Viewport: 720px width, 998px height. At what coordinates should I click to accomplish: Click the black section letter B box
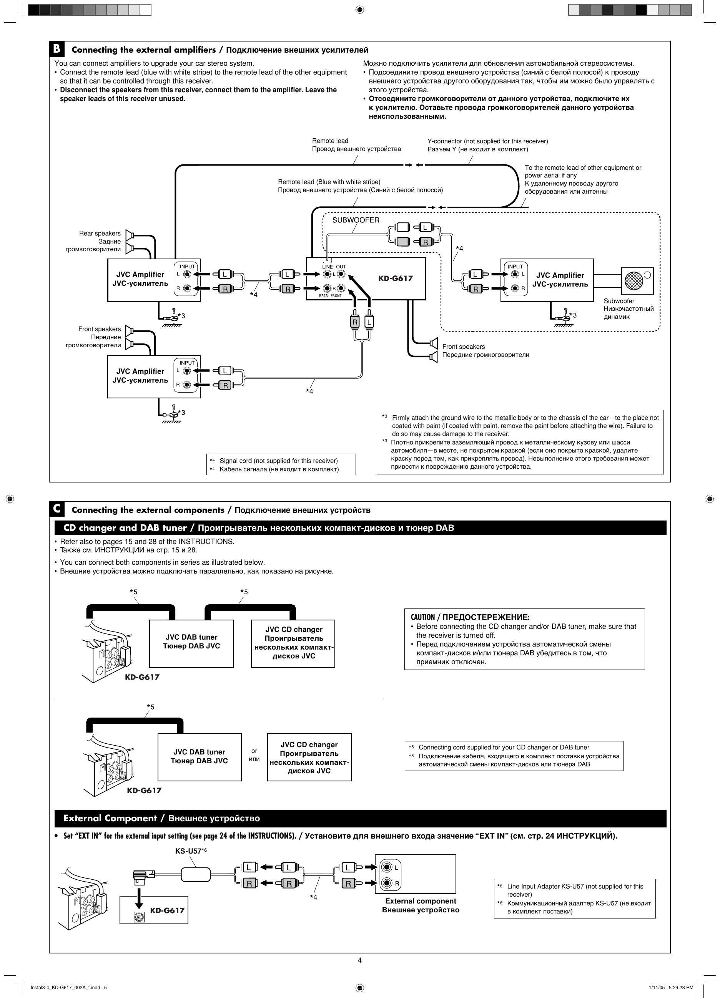tap(57, 49)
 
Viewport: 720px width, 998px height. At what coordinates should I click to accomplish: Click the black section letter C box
tap(57, 509)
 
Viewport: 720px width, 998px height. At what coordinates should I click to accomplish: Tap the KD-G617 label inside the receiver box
tap(396, 278)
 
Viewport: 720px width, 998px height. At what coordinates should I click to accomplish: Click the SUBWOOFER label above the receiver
tap(355, 220)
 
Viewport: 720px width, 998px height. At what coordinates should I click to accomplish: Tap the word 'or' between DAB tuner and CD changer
tap(254, 751)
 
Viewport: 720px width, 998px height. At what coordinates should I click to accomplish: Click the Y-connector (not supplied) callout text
tap(487, 141)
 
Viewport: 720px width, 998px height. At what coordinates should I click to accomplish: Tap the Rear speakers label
tap(100, 233)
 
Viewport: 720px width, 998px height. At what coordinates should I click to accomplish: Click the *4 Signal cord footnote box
tap(281, 465)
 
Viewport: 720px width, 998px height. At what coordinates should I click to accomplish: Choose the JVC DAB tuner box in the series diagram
tap(191, 643)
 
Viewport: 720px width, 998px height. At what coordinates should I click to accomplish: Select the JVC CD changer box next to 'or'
tap(309, 757)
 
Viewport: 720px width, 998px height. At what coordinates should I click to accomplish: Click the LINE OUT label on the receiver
tap(334, 267)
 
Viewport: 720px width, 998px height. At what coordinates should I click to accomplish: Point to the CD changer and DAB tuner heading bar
tap(360, 527)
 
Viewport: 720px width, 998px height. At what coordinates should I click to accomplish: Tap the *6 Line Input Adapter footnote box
tap(574, 899)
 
